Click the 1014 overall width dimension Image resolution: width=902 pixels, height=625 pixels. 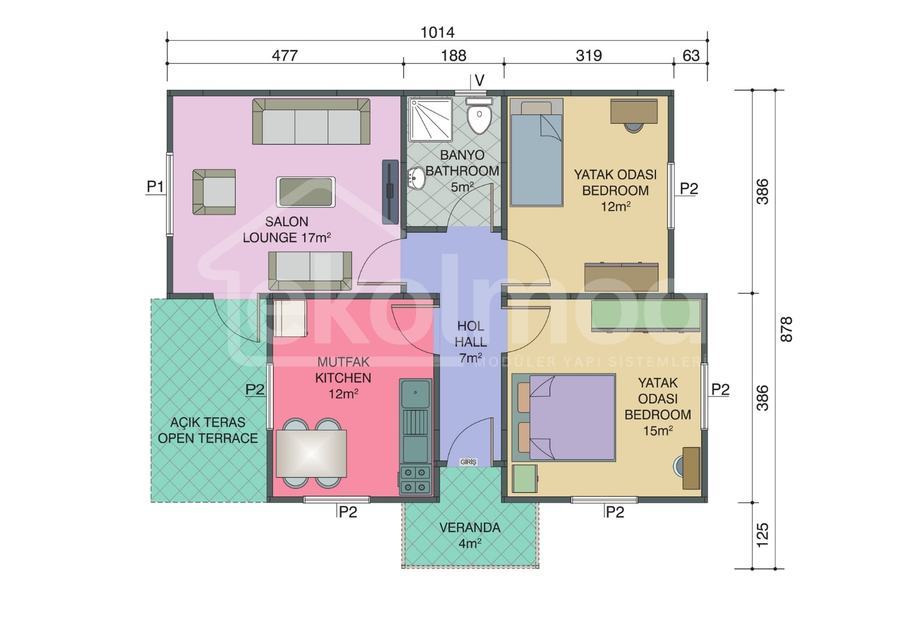click(x=437, y=32)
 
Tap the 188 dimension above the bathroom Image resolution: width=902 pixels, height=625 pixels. click(x=453, y=55)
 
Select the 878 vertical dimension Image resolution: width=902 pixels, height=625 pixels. click(x=786, y=329)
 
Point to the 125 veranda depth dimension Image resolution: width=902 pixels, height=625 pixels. click(x=762, y=535)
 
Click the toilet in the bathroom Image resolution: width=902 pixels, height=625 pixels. click(x=479, y=115)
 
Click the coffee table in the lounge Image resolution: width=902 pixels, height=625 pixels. click(x=305, y=192)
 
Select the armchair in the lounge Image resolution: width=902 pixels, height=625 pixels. click(x=214, y=192)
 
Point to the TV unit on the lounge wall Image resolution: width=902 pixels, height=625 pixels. click(x=390, y=192)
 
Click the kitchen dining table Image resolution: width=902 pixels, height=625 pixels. click(x=311, y=454)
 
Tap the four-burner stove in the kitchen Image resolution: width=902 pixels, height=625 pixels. click(x=416, y=481)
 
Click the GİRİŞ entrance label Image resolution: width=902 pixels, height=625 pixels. click(x=468, y=462)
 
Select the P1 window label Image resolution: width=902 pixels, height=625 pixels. click(x=155, y=187)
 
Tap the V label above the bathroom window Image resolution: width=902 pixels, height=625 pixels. click(x=480, y=81)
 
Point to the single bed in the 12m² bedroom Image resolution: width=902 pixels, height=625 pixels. click(x=537, y=152)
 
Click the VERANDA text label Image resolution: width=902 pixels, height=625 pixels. click(x=470, y=528)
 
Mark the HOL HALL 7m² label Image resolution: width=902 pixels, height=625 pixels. click(x=470, y=342)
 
